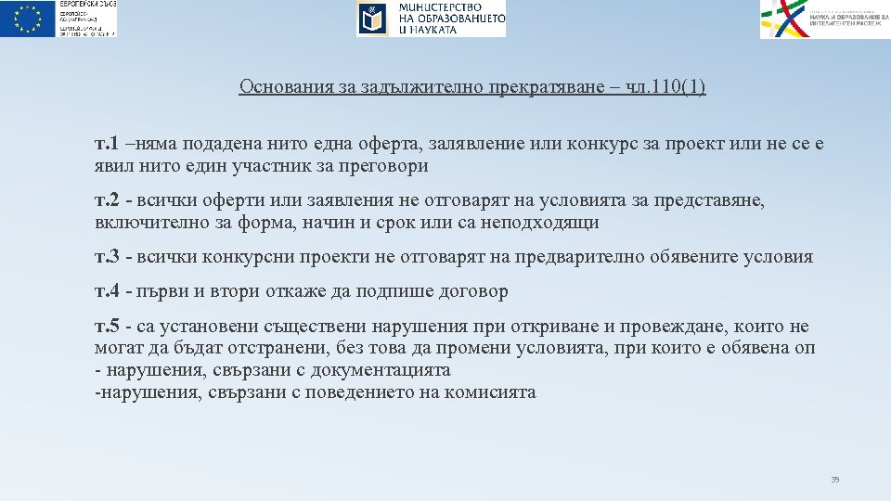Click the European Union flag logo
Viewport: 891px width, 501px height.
pos(28,19)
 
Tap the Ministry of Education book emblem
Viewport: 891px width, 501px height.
pos(373,19)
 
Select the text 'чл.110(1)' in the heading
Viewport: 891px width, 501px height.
pos(665,87)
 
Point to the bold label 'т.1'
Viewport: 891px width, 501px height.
pos(107,145)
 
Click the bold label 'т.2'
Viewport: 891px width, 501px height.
pos(107,201)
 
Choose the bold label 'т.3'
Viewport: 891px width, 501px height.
pos(107,257)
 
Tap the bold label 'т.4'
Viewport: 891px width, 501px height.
pos(107,291)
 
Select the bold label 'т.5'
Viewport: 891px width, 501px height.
pos(107,327)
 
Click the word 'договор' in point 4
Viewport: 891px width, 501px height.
pos(475,291)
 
